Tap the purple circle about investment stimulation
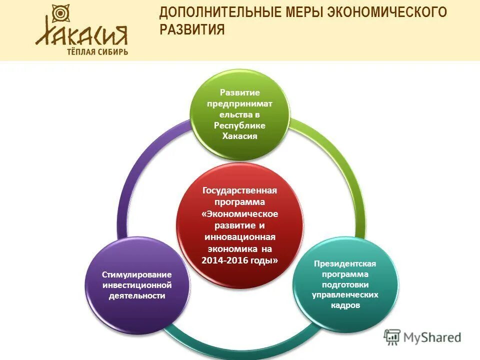(x=137, y=285)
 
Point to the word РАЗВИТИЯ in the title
(x=192, y=30)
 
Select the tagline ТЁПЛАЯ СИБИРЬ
(x=97, y=51)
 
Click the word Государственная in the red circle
(x=239, y=191)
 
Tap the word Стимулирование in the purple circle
(x=137, y=274)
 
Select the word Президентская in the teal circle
(x=345, y=263)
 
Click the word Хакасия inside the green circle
(x=239, y=136)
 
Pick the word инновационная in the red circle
(x=239, y=237)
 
